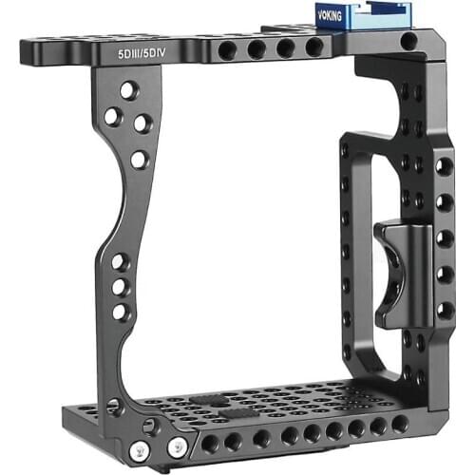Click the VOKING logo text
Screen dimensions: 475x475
tap(330, 16)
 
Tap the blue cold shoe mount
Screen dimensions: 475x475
tap(364, 17)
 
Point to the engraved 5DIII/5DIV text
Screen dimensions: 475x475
tap(142, 54)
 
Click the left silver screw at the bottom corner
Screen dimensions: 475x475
tap(140, 449)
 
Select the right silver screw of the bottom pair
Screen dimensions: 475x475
tap(177, 446)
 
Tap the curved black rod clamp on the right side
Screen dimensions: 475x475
tap(402, 275)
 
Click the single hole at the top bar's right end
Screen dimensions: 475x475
tap(408, 41)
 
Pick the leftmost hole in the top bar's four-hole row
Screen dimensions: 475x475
tap(227, 50)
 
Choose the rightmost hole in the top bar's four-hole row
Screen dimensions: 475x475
tap(314, 47)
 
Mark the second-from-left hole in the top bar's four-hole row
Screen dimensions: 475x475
tap(256, 49)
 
